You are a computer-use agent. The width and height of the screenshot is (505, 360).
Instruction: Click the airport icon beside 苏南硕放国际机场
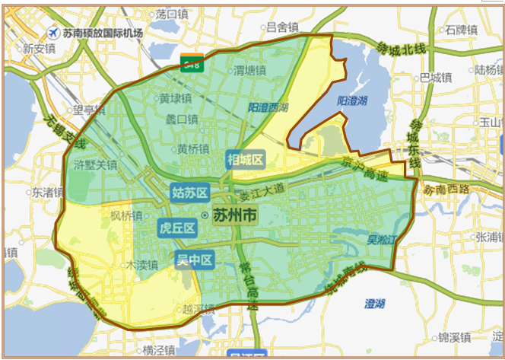(52, 33)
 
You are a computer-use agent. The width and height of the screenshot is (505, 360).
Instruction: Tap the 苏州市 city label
(234, 215)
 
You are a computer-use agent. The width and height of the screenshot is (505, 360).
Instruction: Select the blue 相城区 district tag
(245, 159)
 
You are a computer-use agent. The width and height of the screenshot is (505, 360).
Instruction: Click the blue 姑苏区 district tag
(189, 193)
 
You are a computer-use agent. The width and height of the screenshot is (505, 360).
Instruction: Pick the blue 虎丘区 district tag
(177, 228)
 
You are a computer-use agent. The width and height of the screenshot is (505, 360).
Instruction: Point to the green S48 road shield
(191, 64)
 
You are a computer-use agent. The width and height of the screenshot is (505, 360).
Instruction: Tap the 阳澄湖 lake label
(352, 100)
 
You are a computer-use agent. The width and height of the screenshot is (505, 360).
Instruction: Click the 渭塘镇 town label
(249, 70)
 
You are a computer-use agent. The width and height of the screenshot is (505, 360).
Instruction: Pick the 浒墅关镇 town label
(95, 164)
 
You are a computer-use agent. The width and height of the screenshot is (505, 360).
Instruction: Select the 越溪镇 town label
(199, 310)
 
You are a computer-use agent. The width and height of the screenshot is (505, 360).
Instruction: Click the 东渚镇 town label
(46, 193)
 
